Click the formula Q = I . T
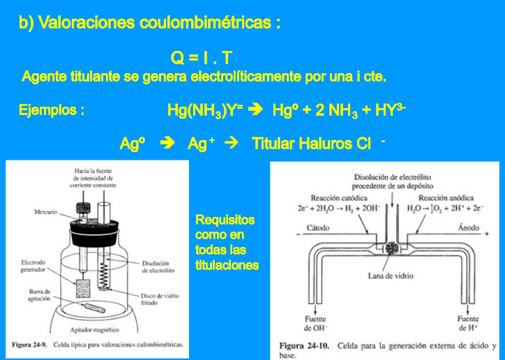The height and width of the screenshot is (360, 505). (201, 58)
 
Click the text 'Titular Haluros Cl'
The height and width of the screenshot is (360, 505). (311, 144)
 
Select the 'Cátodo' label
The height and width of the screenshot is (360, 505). (319, 228)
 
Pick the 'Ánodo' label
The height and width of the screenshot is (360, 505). (468, 228)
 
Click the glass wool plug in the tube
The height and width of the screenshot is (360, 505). (391, 247)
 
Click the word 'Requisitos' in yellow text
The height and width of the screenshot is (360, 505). (225, 220)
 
